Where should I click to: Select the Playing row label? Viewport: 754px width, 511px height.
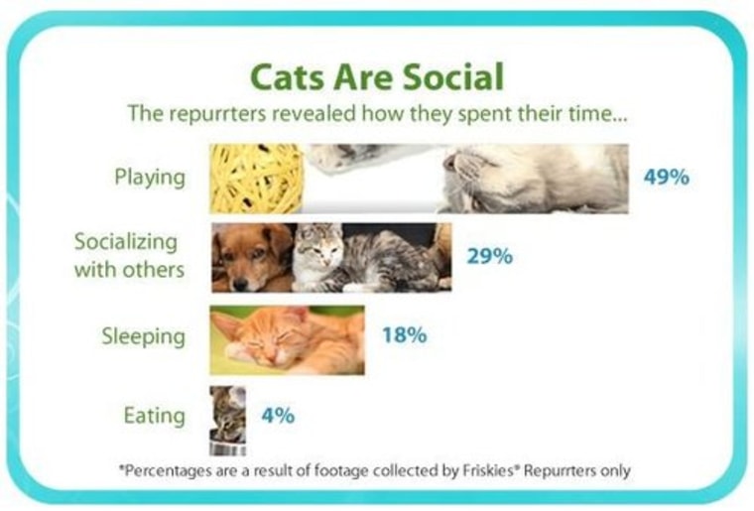(x=150, y=178)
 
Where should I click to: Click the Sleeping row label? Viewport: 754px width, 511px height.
(x=143, y=335)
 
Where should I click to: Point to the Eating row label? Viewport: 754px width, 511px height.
(x=155, y=416)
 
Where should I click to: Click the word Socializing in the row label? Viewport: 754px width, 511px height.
(x=126, y=243)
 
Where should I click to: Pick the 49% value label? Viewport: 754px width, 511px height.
(x=667, y=178)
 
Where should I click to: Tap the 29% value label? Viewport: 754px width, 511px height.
(x=489, y=257)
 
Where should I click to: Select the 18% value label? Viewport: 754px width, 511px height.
(x=404, y=335)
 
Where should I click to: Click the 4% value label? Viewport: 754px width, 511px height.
(x=278, y=416)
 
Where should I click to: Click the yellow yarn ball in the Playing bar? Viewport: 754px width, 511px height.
(x=257, y=179)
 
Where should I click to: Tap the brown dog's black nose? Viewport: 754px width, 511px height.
(x=240, y=285)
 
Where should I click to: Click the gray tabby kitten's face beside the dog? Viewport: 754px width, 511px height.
(x=318, y=250)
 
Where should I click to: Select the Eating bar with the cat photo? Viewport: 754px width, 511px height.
(x=228, y=420)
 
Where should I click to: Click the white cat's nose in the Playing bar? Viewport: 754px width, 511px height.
(x=449, y=164)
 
